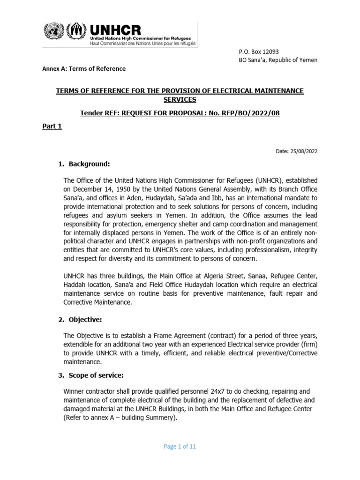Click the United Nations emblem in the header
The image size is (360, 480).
pos(52,32)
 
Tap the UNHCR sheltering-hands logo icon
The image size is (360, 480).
pos(75,32)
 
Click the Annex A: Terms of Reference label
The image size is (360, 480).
pos(84,68)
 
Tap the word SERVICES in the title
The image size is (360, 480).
pos(180,100)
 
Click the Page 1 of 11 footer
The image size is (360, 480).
pos(180,447)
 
